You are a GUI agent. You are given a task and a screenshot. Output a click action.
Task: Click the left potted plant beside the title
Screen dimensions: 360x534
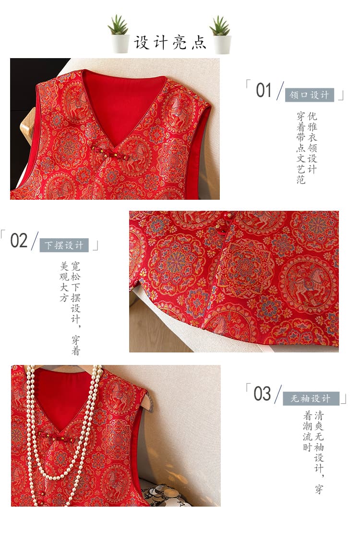click(119, 34)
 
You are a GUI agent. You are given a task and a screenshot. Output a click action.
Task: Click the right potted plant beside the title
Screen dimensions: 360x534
click(221, 35)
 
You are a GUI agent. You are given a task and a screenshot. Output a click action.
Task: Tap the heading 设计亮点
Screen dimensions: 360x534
click(170, 42)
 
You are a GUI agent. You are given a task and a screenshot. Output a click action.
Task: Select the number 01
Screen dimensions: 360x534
click(264, 90)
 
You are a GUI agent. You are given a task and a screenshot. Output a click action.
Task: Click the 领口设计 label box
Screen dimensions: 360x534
click(309, 95)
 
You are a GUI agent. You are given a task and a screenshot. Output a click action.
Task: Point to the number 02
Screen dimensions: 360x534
click(19, 241)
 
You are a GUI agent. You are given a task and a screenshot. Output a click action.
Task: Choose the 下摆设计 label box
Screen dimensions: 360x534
click(64, 245)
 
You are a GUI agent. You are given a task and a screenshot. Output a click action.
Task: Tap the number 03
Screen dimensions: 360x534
click(262, 394)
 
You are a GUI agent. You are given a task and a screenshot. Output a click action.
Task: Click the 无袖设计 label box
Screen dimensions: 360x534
click(311, 399)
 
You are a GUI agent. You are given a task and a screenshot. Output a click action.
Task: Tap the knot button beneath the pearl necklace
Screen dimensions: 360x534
click(56, 437)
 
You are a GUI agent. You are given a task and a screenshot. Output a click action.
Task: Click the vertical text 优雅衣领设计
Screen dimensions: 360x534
click(312, 143)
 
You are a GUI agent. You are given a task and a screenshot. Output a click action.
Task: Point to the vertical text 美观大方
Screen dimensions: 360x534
click(64, 281)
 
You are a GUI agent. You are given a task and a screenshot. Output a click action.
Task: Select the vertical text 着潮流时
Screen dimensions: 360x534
click(308, 431)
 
